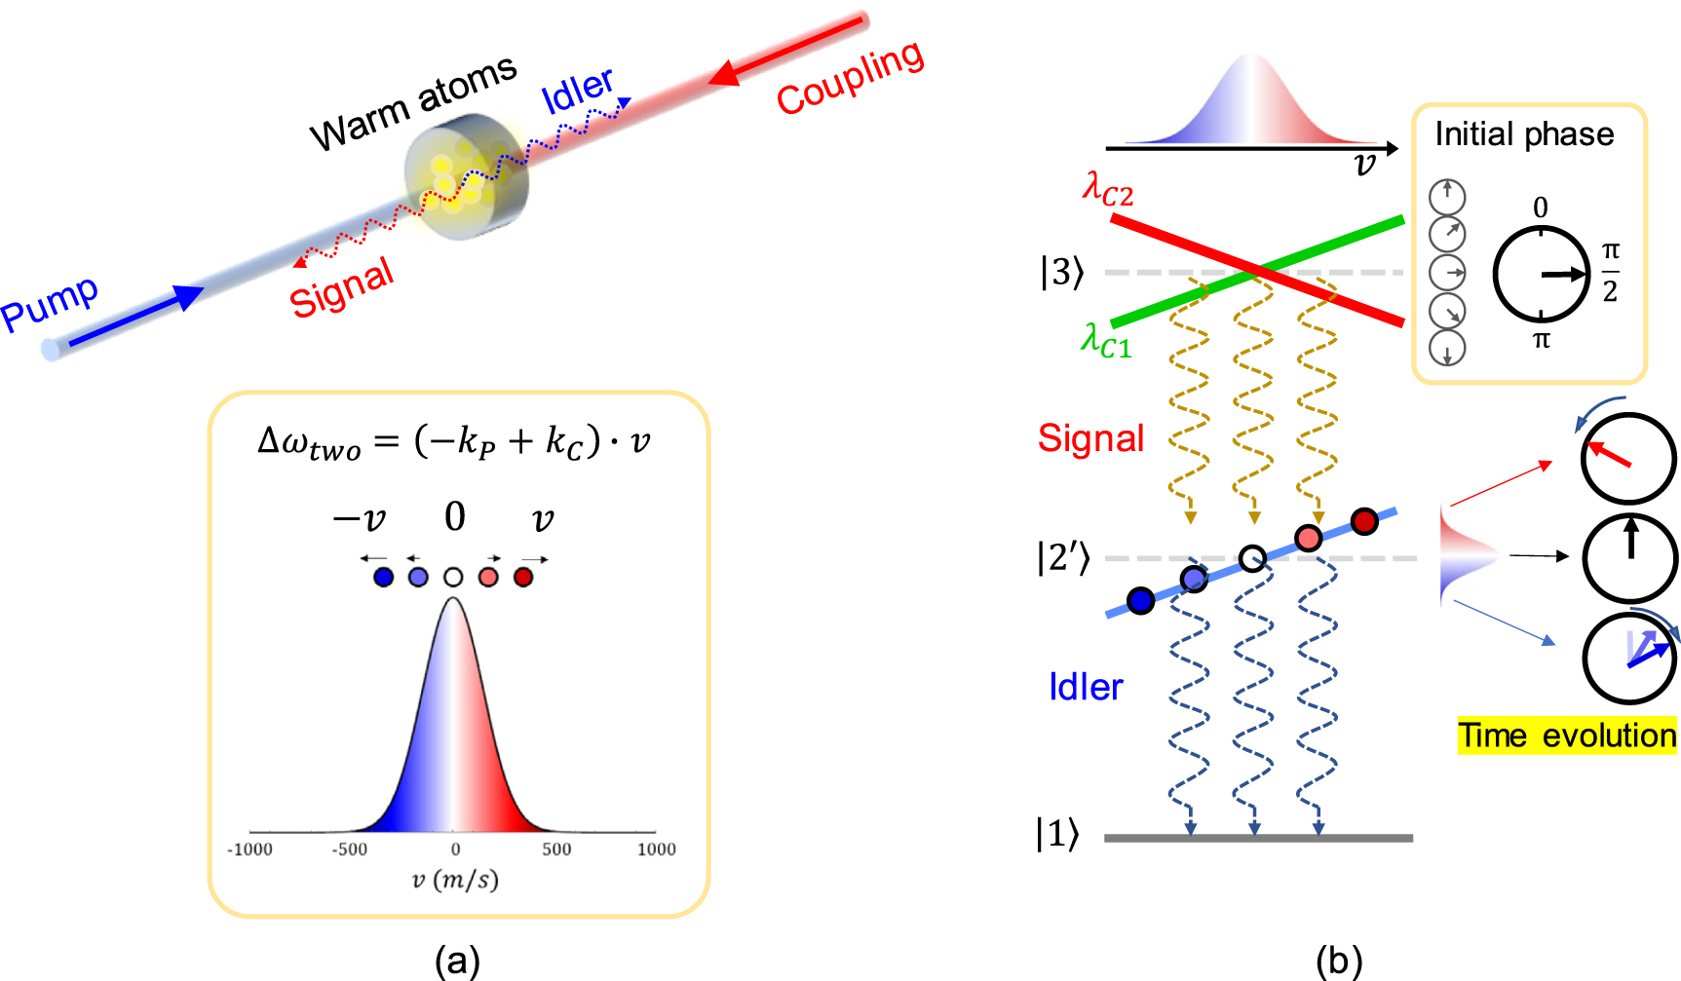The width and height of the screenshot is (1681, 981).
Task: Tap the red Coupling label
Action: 850,77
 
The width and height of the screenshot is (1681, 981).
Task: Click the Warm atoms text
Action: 413,102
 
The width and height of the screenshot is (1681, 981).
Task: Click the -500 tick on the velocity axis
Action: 350,849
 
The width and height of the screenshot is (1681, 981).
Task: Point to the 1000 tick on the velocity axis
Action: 656,849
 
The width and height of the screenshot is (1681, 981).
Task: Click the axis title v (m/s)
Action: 454,880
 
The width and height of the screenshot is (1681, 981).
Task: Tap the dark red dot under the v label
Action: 523,578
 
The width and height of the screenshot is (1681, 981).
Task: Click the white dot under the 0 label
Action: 453,578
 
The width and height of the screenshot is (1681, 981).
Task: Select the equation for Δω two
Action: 454,442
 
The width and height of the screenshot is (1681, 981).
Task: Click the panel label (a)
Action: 457,961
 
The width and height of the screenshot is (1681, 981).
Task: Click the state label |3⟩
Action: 1061,272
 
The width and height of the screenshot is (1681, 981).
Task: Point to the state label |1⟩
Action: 1057,834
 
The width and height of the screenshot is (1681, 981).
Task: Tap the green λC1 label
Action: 1106,341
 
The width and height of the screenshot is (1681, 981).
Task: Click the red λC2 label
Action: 1108,187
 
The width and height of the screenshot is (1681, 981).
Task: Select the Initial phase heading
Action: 1524,133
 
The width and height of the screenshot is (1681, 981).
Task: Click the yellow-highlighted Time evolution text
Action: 1567,735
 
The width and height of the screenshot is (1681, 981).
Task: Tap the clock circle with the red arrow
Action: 1627,459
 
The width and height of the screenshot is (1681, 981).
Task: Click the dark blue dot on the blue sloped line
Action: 1140,601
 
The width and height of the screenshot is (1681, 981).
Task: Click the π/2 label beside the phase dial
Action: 1611,273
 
